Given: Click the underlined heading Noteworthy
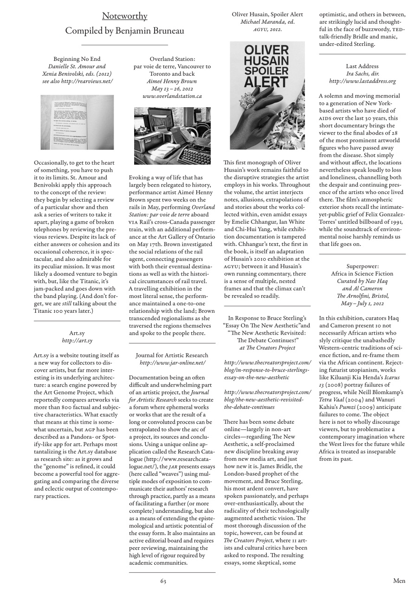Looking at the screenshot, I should pyautogui.click(x=124, y=16).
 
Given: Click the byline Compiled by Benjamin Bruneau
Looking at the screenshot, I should pyautogui.click(x=124, y=31).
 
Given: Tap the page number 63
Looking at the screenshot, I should pyautogui.click(x=163, y=581).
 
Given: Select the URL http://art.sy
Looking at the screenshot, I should pyautogui.click(x=77, y=341).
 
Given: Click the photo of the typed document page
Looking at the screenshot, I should pyautogui.click(x=77, y=122).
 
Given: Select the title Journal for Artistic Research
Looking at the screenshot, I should pyautogui.click(x=172, y=355).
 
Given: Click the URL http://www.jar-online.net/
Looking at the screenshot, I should pyautogui.click(x=172, y=363).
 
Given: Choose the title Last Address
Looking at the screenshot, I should pyautogui.click(x=362, y=66).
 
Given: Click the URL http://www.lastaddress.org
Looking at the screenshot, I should pyautogui.click(x=362, y=81).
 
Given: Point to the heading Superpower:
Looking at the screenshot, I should pyautogui.click(x=362, y=266).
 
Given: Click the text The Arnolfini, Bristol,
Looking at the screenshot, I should pyautogui.click(x=362, y=296).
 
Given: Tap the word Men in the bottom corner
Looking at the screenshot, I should pyautogui.click(x=399, y=581).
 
